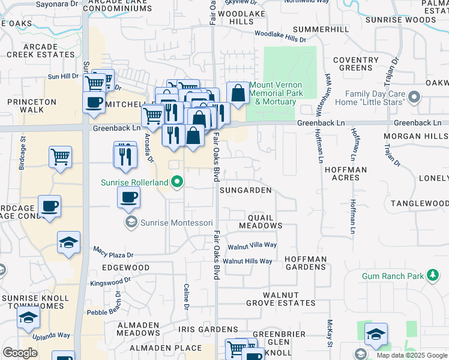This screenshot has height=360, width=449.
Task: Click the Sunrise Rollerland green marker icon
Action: [177, 181]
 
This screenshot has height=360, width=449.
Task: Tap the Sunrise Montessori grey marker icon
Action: [130, 223]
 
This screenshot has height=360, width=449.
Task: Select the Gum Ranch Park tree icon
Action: [432, 276]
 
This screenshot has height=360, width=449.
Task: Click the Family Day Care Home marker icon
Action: [414, 95]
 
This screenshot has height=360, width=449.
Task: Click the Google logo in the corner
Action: [20, 352]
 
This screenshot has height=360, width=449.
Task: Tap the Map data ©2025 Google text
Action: [412, 355]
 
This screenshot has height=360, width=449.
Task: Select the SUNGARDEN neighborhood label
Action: [246, 190]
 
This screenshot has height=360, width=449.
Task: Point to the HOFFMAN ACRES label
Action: [345, 174]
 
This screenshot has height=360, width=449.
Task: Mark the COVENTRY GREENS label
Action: [355, 64]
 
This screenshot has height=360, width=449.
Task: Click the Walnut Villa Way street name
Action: [252, 245]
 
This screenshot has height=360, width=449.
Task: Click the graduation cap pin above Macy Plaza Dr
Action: [69, 242]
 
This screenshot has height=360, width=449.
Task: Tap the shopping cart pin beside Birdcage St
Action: [60, 157]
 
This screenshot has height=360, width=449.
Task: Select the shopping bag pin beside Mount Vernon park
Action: [238, 93]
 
